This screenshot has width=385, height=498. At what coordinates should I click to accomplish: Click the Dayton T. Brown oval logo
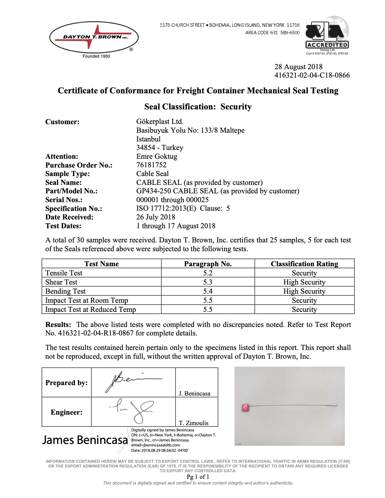point(94,37)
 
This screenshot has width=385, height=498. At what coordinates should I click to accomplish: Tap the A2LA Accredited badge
point(327,36)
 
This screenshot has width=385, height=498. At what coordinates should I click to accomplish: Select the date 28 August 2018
point(298,67)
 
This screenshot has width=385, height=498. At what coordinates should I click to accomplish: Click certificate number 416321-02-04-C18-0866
point(312,75)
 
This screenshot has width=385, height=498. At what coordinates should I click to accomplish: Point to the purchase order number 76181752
point(151,165)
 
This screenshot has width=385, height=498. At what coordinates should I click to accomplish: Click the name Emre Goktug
point(157,156)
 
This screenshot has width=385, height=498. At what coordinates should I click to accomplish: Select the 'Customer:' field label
point(62,122)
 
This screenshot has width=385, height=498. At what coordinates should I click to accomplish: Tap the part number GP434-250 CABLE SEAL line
point(218,191)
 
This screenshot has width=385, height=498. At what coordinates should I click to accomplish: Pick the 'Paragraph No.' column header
point(208,264)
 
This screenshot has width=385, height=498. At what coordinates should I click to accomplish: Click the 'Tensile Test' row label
point(64,273)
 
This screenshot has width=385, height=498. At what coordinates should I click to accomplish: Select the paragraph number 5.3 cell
point(208,282)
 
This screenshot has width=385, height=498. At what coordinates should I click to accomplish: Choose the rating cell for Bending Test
point(304,291)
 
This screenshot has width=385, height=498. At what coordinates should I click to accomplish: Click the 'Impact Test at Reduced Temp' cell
point(91,309)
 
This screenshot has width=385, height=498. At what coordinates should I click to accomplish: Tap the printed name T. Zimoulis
point(193,423)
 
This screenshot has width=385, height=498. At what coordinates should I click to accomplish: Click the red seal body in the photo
point(245,408)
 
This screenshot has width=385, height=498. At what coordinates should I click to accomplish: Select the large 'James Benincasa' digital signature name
point(85,440)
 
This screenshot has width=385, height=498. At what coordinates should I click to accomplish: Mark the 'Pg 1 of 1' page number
point(198,477)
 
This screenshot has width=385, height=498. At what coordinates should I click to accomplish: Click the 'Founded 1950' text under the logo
point(96,56)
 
